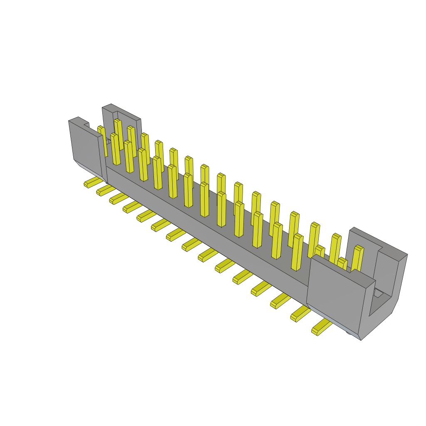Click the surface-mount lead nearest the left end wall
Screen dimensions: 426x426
tap(92, 182)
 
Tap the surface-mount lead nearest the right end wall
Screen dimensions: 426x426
tap(321, 328)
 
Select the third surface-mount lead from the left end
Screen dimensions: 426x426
tap(119, 198)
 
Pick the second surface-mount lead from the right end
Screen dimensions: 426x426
tap(300, 313)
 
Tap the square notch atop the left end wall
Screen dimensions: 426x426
tap(86, 124)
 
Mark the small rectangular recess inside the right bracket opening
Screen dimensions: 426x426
tap(379, 294)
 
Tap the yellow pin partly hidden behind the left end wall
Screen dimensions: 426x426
tap(102, 139)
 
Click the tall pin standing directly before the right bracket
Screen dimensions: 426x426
tap(357, 258)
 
